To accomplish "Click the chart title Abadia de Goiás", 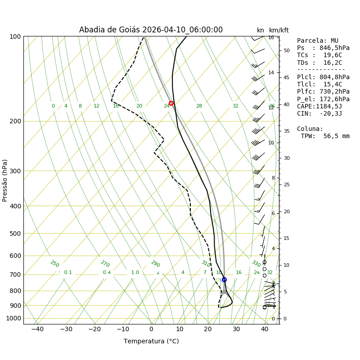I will (x=151, y=30).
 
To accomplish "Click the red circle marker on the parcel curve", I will (x=171, y=103).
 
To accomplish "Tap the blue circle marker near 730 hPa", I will (x=224, y=279).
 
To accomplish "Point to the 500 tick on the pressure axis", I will (x=15, y=234).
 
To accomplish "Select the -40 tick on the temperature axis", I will (x=37, y=329).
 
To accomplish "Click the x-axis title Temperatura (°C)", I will (x=151, y=342).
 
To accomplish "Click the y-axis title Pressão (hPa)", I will (x=5, y=180).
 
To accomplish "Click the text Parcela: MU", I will (x=318, y=41).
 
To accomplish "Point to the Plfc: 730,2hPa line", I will (x=323, y=92).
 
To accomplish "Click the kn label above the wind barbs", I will (x=261, y=31).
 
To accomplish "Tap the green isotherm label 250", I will (x=54, y=264).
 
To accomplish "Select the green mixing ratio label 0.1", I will (x=68, y=273).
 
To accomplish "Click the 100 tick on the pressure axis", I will (x=15, y=36).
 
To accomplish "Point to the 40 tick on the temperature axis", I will (x=265, y=329).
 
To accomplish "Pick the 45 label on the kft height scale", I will (x=286, y=77).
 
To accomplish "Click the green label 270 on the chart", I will (x=105, y=264).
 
